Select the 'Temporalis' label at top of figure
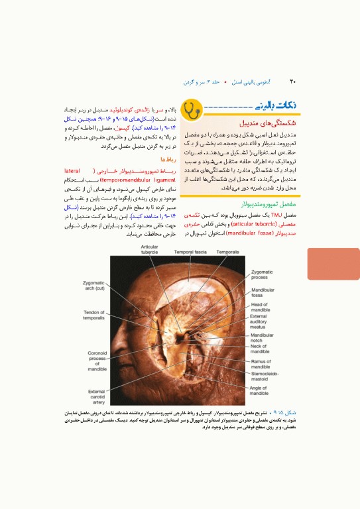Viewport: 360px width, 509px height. pos(228,252)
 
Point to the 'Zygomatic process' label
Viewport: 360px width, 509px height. pos(262,274)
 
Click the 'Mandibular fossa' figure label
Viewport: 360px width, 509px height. pos(263,292)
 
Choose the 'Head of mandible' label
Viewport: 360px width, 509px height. pos(260,307)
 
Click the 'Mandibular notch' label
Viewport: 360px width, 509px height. pos(263,338)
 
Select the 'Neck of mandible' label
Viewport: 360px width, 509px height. pos(259,349)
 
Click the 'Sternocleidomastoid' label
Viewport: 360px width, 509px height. pos(265,376)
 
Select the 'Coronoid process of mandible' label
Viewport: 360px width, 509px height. pos(97,361)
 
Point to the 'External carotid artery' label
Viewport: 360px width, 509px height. pos(97,396)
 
